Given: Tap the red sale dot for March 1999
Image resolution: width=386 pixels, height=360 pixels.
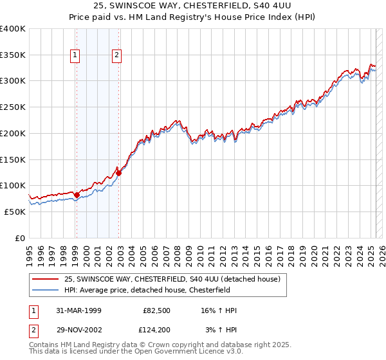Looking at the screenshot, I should click(77, 194).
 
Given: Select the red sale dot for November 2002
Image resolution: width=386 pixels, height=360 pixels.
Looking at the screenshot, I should click(118, 173).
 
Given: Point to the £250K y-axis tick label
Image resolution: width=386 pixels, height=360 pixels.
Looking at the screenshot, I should click(13, 107).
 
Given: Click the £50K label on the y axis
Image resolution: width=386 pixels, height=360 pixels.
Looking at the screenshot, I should click(15, 212).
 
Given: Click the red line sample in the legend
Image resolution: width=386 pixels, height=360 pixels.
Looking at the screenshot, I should click(46, 279).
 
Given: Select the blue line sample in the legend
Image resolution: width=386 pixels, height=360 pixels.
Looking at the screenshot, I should click(46, 290).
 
